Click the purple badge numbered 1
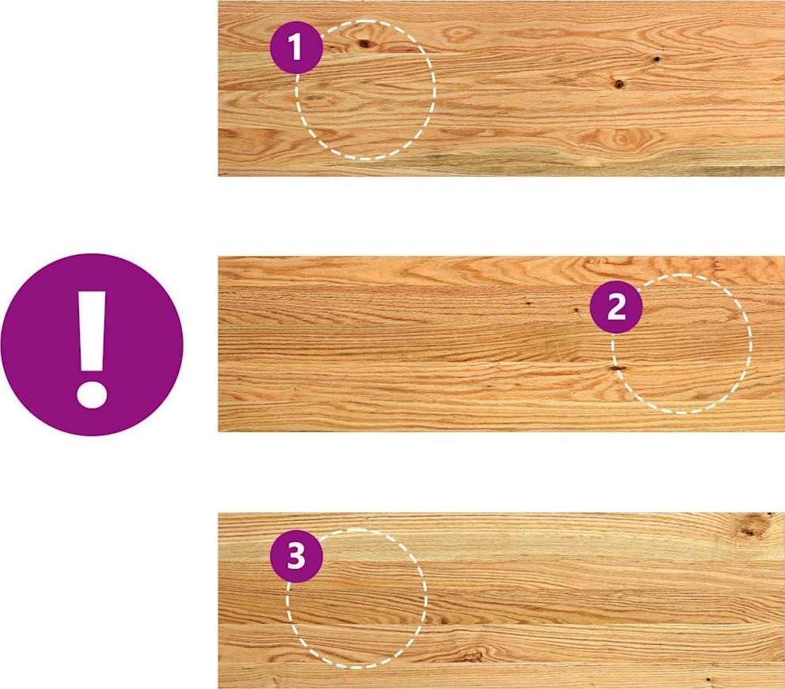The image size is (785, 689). (296, 47)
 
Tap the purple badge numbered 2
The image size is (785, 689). (616, 307)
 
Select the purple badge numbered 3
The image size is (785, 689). (296, 556)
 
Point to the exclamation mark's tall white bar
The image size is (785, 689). (92, 331)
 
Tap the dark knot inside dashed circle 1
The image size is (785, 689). (364, 43)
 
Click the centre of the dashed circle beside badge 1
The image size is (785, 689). (365, 90)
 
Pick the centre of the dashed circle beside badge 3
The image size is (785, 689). (357, 598)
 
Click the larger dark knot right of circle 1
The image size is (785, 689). (619, 84)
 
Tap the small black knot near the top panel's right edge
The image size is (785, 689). (656, 59)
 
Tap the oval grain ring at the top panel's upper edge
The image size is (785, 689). (458, 33)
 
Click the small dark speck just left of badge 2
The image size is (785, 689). (576, 311)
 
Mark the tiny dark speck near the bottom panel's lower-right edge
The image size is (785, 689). (708, 680)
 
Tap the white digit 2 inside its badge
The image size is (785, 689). (617, 307)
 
